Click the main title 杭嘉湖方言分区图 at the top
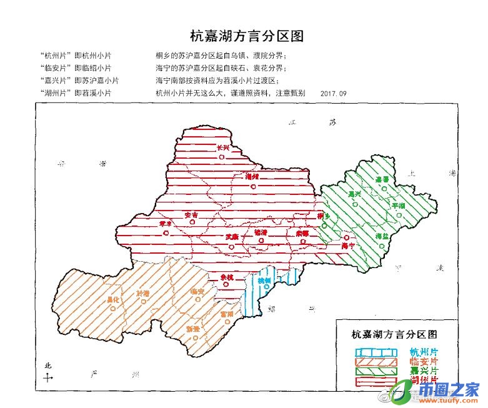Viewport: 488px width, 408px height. (246, 35)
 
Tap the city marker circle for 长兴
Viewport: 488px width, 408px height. (222, 157)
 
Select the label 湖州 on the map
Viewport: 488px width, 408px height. (252, 177)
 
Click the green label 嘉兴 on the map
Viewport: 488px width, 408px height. (355, 194)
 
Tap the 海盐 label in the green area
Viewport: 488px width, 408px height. (382, 236)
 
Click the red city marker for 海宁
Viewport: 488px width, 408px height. (346, 238)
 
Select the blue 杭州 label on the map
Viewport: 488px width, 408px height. (264, 281)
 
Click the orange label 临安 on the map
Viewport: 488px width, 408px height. (197, 291)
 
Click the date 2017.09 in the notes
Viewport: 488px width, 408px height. (332, 93)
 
